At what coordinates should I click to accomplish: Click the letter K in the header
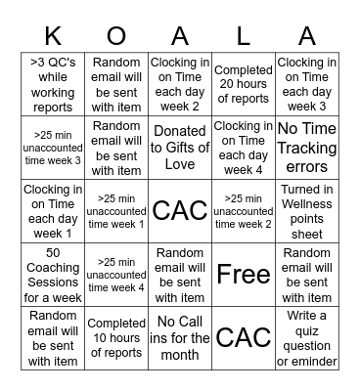(x=54, y=36)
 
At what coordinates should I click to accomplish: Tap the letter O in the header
(x=116, y=36)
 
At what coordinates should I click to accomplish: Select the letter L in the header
(x=243, y=36)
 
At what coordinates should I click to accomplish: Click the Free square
(x=243, y=275)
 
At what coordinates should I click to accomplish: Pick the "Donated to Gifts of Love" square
(x=180, y=148)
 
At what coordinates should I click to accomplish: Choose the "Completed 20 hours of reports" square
(x=243, y=84)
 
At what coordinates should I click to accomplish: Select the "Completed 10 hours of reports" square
(x=116, y=337)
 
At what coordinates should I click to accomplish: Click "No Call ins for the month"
(x=180, y=337)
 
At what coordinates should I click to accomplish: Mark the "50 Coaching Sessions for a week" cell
(x=54, y=275)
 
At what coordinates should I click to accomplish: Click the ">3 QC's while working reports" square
(x=54, y=84)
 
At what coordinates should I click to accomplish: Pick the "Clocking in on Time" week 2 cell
(x=180, y=84)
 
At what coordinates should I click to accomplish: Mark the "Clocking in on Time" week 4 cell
(x=243, y=148)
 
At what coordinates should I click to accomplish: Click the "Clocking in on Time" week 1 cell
(x=54, y=211)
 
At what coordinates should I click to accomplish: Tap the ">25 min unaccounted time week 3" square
(x=54, y=148)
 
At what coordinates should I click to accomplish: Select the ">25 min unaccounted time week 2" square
(x=243, y=211)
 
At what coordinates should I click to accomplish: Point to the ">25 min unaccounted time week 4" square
(x=116, y=275)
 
